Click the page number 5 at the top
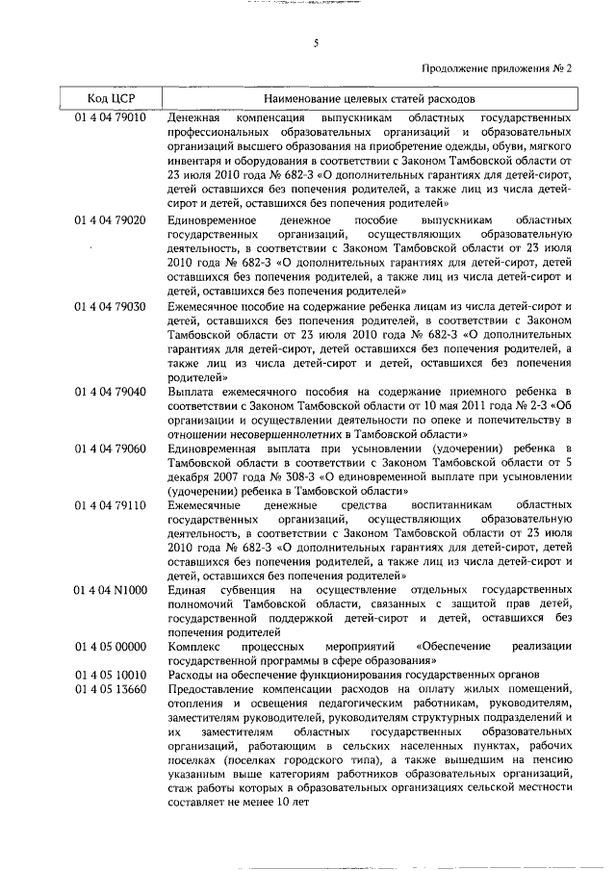[316, 42]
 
